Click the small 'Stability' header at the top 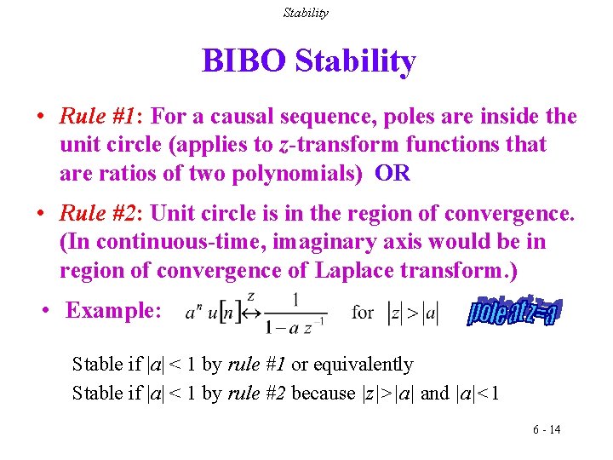coord(306,13)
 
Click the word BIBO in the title coord(243,61)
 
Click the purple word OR coord(392,175)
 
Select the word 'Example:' coord(112,310)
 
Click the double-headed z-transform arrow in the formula coord(253,312)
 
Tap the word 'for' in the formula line coord(363,312)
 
